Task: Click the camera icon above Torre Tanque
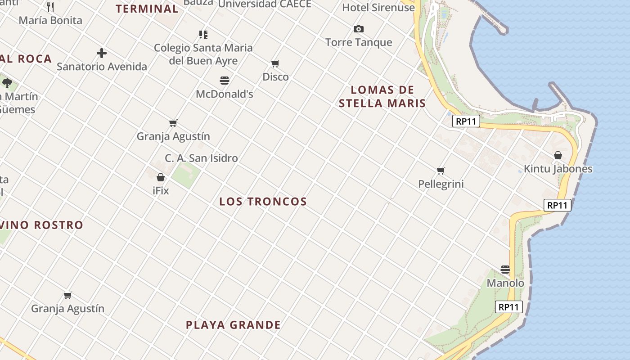click(x=359, y=29)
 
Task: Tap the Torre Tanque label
click(x=359, y=42)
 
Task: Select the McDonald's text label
click(x=225, y=94)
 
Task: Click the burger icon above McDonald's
click(x=225, y=81)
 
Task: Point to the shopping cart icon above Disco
click(x=275, y=64)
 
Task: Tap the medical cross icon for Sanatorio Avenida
click(x=102, y=53)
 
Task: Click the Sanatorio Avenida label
click(x=102, y=67)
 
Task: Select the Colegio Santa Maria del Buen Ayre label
click(x=203, y=54)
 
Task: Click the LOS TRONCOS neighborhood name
click(x=263, y=202)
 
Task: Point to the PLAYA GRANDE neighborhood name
click(x=233, y=325)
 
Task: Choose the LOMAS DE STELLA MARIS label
click(x=382, y=96)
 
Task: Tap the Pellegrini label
click(x=441, y=184)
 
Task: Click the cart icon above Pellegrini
click(x=441, y=171)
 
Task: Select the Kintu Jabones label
click(x=558, y=169)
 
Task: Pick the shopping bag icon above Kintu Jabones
click(x=558, y=155)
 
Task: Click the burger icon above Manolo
click(x=505, y=270)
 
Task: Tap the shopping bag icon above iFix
click(x=161, y=177)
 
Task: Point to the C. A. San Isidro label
click(x=201, y=158)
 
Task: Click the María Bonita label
click(x=50, y=20)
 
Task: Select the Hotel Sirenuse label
click(x=378, y=7)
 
